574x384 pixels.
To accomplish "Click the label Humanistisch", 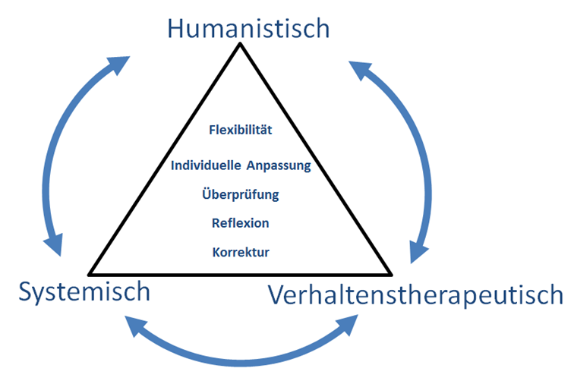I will [248, 28].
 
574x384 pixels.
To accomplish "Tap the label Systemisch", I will [84, 291].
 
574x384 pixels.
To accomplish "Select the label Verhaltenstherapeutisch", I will [416, 294].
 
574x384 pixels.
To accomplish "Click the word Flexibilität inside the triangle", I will [240, 130].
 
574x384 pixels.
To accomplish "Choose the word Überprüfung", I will [240, 194].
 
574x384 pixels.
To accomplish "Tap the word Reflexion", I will [240, 223].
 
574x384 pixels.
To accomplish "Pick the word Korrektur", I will [240, 251].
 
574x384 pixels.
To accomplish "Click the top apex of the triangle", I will [240, 44].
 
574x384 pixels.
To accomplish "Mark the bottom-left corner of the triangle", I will [89, 273].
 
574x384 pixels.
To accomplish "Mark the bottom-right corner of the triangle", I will [392, 273].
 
